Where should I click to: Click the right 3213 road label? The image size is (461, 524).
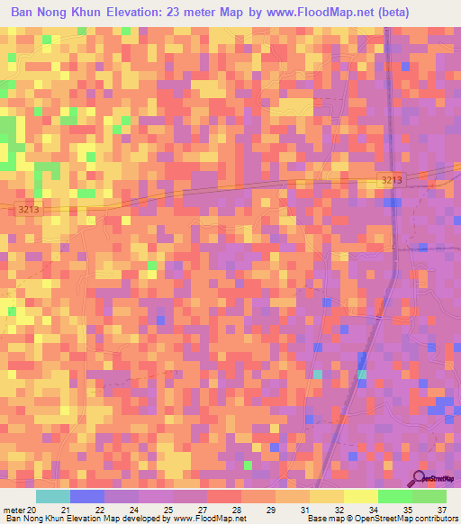[x=392, y=182]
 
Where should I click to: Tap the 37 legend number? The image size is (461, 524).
[x=440, y=510]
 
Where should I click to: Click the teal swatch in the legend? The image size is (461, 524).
[x=52, y=496]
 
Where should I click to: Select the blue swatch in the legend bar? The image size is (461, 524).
[x=87, y=496]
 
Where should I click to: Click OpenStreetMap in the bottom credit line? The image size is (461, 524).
[x=384, y=519]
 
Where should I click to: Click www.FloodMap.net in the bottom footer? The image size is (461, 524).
[x=208, y=519]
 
